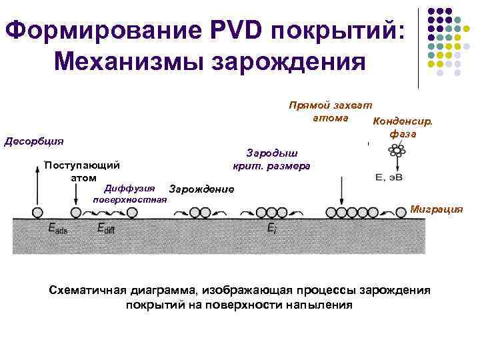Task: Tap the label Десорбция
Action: point(34,141)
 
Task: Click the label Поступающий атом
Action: point(81,171)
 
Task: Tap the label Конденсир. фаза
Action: point(403,127)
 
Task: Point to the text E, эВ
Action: point(389,177)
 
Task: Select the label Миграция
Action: point(436,208)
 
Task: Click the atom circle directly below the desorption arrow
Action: point(33,213)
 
